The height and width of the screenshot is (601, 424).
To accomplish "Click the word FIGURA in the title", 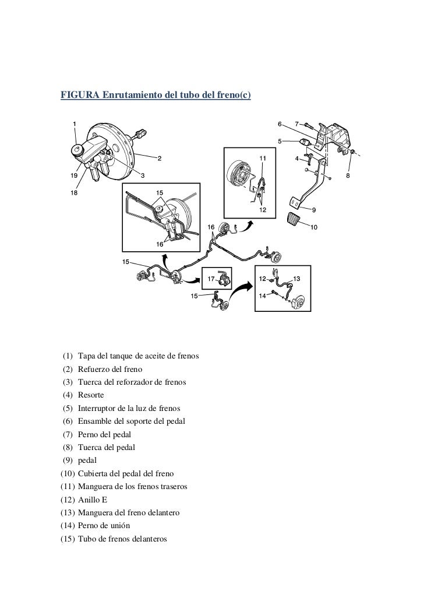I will coord(80,95).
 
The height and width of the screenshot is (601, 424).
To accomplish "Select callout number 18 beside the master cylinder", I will coord(73,191).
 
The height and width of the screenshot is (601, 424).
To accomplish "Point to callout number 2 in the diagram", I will coord(160,157).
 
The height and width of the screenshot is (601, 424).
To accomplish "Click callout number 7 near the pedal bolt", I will coord(297,124).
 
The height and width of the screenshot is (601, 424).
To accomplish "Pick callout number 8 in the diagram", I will coord(348,175).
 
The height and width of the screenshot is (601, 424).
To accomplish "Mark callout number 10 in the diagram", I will coord(314,227).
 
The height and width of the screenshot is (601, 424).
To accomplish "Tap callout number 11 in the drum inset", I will coord(263,158).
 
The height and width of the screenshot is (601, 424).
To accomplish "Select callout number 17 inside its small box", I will coord(211,279).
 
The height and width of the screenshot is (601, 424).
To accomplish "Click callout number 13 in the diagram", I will coord(296,279).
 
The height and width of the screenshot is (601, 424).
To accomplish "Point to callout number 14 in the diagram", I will coord(263,296).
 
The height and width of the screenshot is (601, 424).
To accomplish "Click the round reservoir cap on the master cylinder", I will coord(76,151).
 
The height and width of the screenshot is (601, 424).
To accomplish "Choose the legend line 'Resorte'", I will coord(90,395).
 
